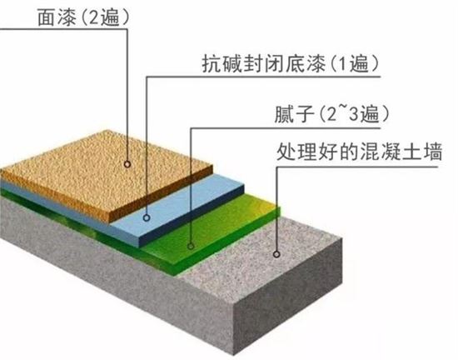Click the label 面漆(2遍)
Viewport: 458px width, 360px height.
(83, 17)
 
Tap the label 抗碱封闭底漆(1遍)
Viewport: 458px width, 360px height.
(291, 63)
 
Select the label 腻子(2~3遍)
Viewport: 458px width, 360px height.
(331, 113)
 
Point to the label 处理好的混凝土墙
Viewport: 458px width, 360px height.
(359, 152)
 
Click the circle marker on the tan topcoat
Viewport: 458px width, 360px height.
(127, 164)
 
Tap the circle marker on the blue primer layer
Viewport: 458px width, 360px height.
(147, 217)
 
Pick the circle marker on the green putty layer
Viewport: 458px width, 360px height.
(191, 247)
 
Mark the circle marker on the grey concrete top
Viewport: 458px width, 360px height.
(276, 254)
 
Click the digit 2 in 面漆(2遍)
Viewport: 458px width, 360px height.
(94, 17)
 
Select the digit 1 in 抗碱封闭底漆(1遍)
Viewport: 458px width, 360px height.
(344, 63)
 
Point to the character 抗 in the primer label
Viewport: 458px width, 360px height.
(212, 63)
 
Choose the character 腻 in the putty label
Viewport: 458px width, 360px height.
(284, 113)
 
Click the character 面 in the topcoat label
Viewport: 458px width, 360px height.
(47, 17)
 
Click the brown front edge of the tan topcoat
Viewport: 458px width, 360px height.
(160, 194)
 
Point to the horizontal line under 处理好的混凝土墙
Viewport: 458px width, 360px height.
(357, 167)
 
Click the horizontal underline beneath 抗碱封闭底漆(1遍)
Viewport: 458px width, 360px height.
(263, 77)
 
